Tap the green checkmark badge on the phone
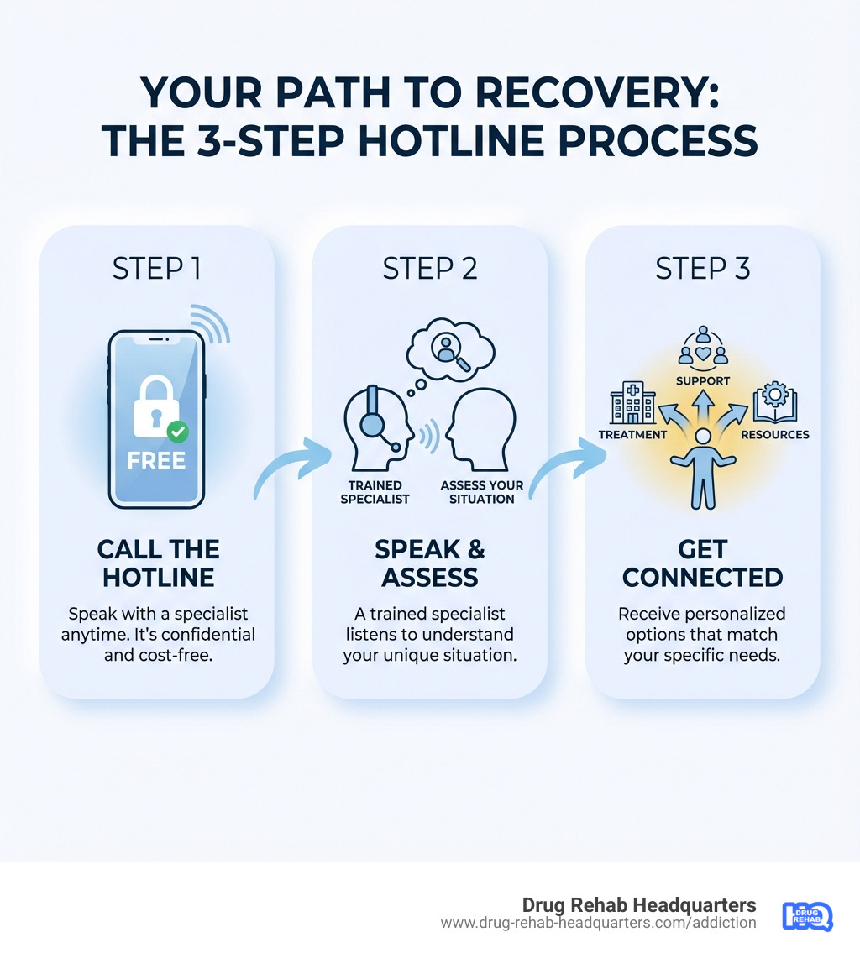(177, 432)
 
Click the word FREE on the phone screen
(157, 461)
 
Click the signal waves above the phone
(208, 323)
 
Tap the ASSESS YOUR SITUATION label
(482, 492)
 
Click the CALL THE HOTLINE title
(157, 563)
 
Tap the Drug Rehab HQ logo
(806, 915)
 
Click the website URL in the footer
(598, 923)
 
